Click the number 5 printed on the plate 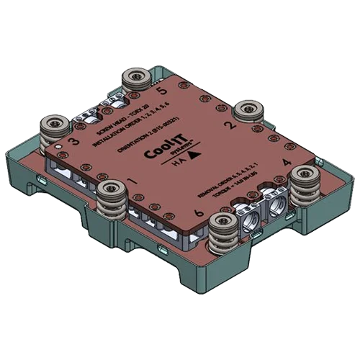tap(161, 91)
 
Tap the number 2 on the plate tap(229, 124)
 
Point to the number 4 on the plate tap(286, 163)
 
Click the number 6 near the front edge tap(198, 214)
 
